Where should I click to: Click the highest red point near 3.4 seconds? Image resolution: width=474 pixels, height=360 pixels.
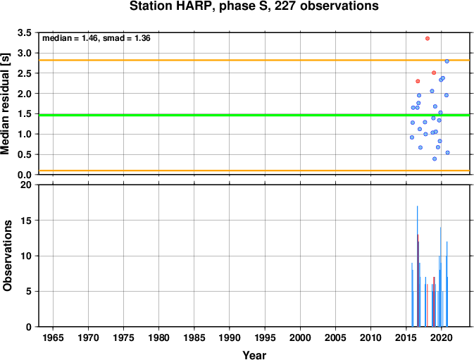[428, 38]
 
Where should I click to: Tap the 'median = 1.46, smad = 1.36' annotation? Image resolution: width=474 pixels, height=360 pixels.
[96, 38]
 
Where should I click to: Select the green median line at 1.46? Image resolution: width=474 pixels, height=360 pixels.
[254, 115]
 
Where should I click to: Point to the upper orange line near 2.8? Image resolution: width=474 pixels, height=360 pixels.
[254, 60]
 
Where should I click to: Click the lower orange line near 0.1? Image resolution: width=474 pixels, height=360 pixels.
[254, 170]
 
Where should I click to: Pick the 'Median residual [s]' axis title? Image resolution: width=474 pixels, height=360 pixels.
[6, 104]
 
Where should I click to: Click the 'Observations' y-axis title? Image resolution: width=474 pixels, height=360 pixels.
[7, 256]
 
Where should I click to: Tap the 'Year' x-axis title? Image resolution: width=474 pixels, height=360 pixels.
[254, 355]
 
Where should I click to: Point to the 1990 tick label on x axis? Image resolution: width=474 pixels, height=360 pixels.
[230, 337]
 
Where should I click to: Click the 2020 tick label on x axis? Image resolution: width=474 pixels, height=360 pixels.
[442, 337]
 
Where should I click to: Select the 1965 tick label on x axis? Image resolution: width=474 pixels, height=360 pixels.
[53, 337]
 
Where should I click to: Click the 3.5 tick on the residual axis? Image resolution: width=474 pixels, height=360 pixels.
[25, 32]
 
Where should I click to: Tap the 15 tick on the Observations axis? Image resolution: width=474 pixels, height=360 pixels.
[26, 221]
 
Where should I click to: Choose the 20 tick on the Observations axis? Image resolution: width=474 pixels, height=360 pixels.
[26, 185]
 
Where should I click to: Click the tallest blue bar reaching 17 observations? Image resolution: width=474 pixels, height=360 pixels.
[417, 266]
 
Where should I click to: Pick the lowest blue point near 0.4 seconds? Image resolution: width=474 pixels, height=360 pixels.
[435, 159]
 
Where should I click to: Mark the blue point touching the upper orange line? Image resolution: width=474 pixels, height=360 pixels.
[447, 61]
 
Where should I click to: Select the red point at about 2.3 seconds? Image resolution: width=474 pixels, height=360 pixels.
[418, 81]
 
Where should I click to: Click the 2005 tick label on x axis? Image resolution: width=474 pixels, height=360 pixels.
[335, 337]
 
